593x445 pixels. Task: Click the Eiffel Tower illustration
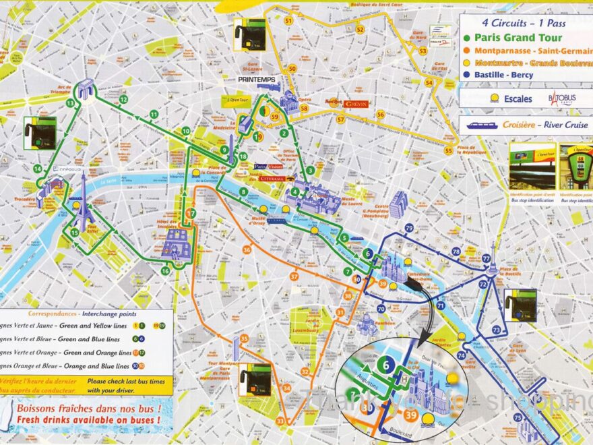[83, 202]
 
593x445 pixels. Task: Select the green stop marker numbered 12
[123, 99]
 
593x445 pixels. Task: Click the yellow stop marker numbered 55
[448, 150]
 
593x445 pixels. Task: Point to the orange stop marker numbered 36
[247, 250]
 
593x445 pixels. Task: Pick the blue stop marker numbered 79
[409, 229]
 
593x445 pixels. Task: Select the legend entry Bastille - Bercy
[512, 75]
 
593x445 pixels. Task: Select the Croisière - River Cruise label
[532, 125]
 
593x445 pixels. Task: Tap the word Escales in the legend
[518, 98]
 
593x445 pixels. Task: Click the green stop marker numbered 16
[165, 271]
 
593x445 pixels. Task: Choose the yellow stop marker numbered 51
[288, 21]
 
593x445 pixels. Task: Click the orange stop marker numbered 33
[280, 421]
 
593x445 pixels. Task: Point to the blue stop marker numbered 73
[496, 330]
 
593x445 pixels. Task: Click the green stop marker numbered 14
[37, 169]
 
